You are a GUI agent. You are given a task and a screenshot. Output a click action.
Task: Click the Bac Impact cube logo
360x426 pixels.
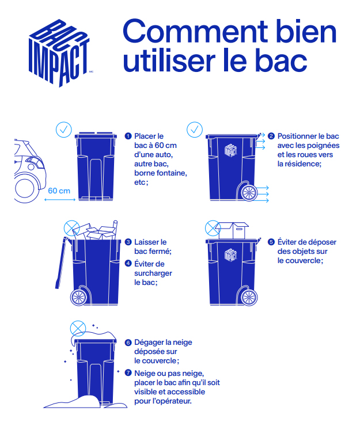point(59,53)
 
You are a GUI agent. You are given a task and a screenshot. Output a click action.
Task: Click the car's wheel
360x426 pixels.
point(25,188)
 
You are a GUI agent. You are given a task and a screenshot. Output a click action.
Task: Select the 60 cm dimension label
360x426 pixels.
point(59,191)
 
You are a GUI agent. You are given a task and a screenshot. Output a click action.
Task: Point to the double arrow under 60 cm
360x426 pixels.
point(60,200)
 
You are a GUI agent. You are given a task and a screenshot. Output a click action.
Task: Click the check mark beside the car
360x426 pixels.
point(63,130)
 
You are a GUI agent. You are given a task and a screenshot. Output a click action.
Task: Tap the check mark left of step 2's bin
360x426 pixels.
point(195,130)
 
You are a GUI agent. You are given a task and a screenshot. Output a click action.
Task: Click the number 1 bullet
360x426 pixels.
point(128,136)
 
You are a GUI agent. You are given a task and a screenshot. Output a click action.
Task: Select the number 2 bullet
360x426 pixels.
point(271,136)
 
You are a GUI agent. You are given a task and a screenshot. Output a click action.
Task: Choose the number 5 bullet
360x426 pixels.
point(271,242)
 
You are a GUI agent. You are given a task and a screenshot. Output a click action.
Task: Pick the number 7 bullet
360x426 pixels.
point(128,373)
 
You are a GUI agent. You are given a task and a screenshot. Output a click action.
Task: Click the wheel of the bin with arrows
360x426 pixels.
point(249,193)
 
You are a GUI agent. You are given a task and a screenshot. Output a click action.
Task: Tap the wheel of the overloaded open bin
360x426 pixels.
point(78,297)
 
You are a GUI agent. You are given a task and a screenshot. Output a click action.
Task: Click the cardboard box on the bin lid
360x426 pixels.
point(233,230)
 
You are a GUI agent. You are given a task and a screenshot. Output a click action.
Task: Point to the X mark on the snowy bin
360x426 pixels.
point(78,329)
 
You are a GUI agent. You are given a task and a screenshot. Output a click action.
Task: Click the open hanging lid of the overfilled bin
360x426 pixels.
point(61,263)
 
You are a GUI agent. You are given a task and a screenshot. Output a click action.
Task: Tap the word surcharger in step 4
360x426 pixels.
point(153,273)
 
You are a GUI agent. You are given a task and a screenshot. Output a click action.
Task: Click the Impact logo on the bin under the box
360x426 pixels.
point(230,255)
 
